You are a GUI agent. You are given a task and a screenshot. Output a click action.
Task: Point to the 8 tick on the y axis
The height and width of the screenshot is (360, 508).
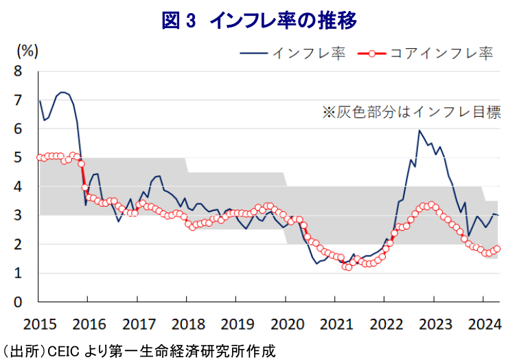[x=19, y=71]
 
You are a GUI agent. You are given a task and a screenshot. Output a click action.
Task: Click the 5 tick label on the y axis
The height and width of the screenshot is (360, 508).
[x=19, y=157]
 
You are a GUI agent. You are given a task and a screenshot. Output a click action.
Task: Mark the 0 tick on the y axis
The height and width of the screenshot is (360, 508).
[x=19, y=302]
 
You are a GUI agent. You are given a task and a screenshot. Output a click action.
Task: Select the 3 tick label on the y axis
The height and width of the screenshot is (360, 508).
[x=19, y=216]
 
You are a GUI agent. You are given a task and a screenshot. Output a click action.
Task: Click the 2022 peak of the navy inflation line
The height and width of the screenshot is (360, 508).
[x=419, y=131]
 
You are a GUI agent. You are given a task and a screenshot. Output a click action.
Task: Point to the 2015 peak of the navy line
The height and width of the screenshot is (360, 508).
[x=62, y=92]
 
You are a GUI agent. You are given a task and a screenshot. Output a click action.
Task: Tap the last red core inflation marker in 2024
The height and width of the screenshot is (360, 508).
[x=497, y=249]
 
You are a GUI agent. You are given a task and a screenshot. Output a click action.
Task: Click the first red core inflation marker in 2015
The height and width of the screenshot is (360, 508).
[x=39, y=157]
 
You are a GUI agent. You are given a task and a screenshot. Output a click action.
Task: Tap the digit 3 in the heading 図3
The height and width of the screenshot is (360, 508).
[x=191, y=21]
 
